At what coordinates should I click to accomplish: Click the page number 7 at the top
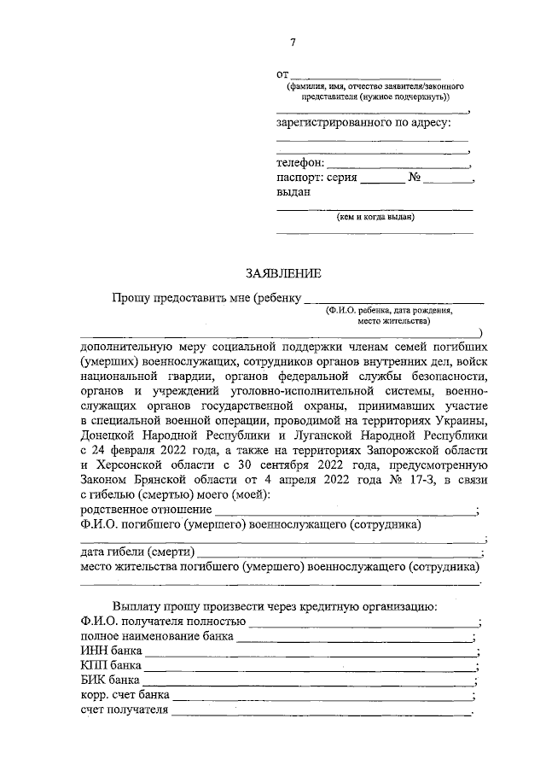point(293,44)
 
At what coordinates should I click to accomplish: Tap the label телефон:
point(299,162)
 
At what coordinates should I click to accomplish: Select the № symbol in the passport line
point(415,178)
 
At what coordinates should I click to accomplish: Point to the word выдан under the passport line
point(293,192)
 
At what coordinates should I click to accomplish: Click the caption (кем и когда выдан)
point(375,217)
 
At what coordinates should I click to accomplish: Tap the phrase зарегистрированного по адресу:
point(363,123)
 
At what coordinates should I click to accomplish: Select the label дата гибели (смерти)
point(137,552)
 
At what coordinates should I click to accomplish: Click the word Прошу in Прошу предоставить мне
point(130,297)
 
